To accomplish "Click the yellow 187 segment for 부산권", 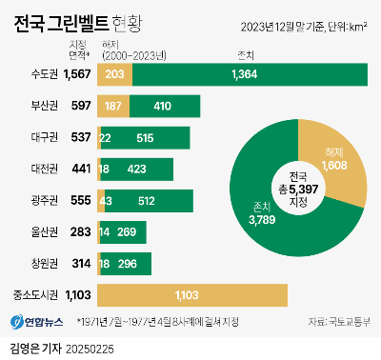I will pyautogui.click(x=113, y=106).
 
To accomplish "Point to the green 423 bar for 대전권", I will pyautogui.click(x=138, y=170).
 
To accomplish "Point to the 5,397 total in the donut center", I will pyautogui.click(x=303, y=190).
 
